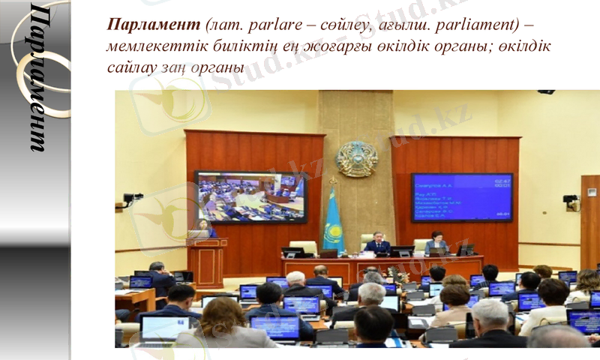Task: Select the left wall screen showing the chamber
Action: (250, 196)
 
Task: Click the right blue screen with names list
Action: (461, 197)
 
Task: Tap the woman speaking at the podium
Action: (204, 229)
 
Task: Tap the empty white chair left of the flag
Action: (304, 247)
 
